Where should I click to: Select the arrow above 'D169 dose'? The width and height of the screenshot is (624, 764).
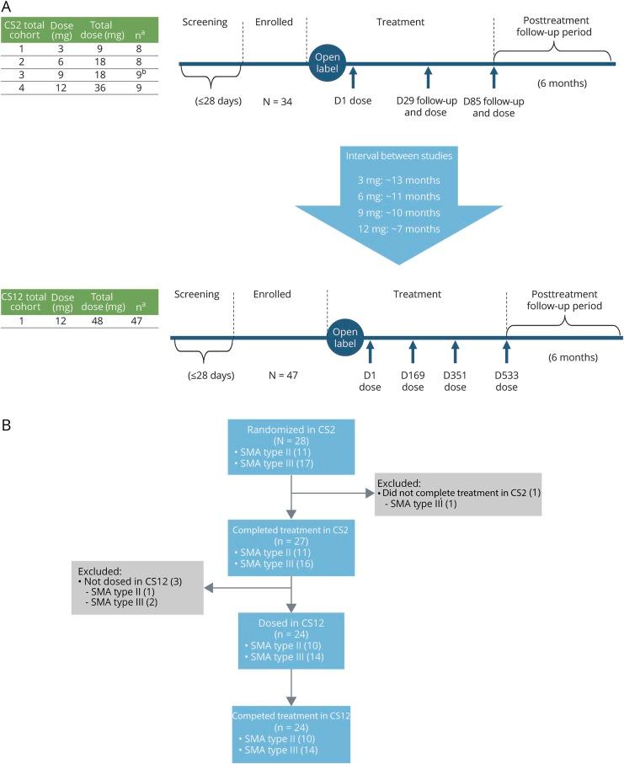413,351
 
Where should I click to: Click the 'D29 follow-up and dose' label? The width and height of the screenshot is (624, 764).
429,109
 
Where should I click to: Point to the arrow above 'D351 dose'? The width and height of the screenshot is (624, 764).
455,351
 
